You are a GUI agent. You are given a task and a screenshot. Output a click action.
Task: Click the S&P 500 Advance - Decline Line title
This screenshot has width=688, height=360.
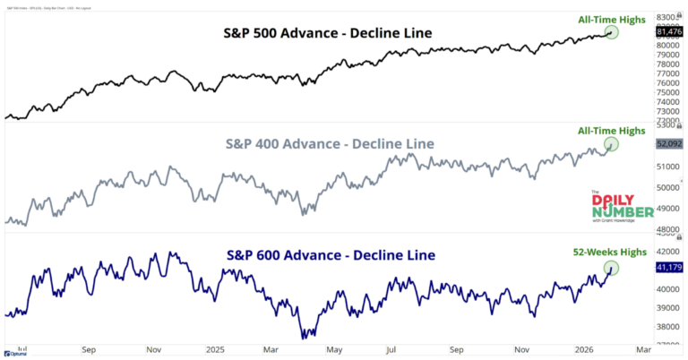[328, 33]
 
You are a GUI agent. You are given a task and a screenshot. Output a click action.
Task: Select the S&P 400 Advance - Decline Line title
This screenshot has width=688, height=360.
[328, 144]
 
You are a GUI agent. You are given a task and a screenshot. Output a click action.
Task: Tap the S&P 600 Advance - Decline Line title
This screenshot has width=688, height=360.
[328, 255]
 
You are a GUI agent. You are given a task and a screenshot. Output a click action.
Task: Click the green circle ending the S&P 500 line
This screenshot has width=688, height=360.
[612, 31]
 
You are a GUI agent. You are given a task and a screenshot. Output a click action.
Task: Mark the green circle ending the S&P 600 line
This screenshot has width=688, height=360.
[613, 267]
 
